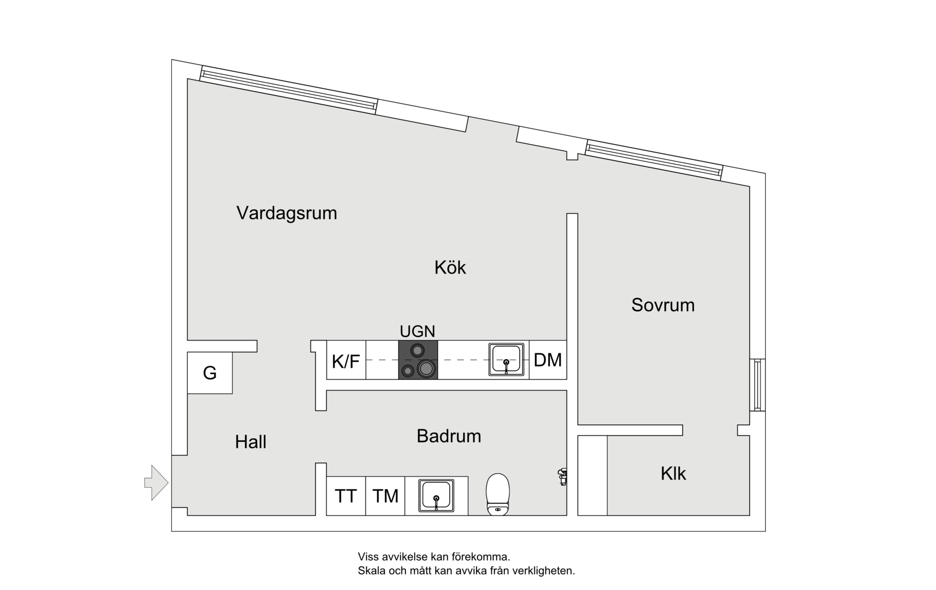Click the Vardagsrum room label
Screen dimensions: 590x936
coord(287,213)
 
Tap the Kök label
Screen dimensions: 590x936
coord(450,268)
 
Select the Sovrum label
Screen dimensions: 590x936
coord(663,305)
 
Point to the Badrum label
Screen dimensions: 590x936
coord(449,437)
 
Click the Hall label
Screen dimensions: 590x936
coord(250,442)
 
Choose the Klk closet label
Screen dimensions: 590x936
coord(673,474)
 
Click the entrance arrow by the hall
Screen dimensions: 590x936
coord(156,483)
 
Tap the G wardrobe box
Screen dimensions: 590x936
coord(210,373)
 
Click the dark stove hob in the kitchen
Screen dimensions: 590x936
coord(418,360)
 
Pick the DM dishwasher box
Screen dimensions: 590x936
coord(548,360)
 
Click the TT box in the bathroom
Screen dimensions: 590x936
coord(346,496)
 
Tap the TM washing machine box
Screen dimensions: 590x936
coord(385,496)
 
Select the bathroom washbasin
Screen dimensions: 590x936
coord(436,496)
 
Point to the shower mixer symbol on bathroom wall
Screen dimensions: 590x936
coord(562,476)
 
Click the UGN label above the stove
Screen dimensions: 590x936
coord(417,332)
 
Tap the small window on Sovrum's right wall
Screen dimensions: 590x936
coord(757,385)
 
